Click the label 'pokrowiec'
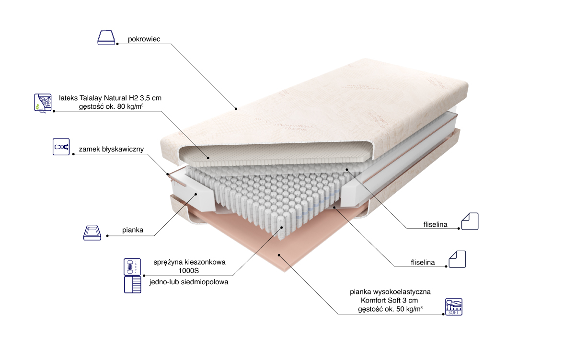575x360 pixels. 143,39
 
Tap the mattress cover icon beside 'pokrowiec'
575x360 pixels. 106,38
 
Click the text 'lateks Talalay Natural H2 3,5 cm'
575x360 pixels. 110,98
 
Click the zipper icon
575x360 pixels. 61,147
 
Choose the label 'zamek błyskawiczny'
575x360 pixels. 112,149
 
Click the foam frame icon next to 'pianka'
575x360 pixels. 92,232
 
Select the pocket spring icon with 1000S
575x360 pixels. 133,267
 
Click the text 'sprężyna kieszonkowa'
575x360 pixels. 189,262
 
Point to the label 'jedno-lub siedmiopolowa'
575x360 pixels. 188,282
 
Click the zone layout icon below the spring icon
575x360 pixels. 133,285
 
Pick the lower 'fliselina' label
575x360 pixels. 423,262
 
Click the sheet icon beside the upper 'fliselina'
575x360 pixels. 469,221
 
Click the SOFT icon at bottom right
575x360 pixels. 454,306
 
